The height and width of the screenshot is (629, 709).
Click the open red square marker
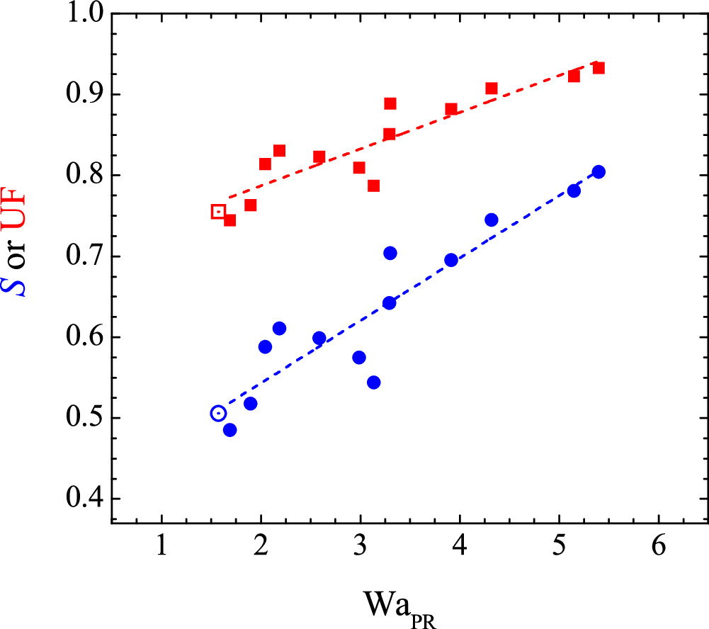219,211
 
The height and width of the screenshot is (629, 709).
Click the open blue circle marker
219,414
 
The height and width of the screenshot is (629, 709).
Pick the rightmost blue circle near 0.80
599,172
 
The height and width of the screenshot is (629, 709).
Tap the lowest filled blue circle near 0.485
229,430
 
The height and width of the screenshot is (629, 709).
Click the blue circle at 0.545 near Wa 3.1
374,382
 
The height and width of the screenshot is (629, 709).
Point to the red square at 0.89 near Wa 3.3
390,104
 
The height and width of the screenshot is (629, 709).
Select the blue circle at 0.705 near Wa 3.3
390,253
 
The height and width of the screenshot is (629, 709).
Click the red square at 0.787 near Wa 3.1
374,186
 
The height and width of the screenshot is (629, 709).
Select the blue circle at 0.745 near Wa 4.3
492,220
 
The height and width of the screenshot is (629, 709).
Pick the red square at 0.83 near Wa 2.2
279,151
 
